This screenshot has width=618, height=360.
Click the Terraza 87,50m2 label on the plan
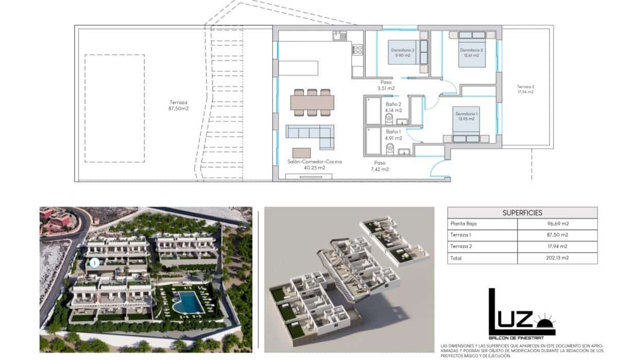[x=179, y=106]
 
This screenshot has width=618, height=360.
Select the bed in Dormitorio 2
[x=472, y=48]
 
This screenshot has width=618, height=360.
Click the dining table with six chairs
[x=311, y=102]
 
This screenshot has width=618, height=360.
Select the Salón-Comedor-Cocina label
[x=314, y=164]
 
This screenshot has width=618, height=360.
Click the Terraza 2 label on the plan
[x=525, y=89]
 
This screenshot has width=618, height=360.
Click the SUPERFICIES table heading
[x=522, y=213]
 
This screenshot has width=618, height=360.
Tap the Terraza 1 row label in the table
[x=461, y=235]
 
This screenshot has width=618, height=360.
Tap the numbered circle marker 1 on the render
[x=94, y=263]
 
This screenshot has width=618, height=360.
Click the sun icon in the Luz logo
[x=543, y=326]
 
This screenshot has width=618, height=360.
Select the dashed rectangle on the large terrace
[x=114, y=108]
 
